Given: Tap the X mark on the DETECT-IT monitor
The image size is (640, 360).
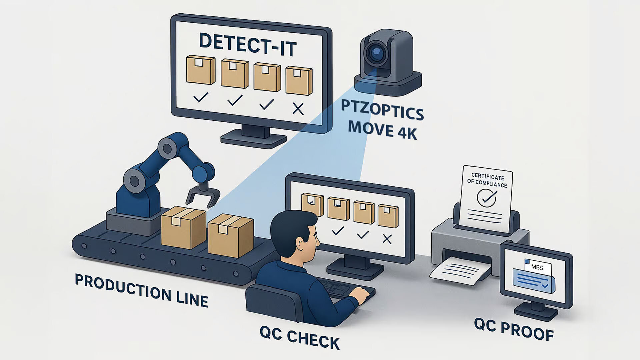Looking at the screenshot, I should [298, 109].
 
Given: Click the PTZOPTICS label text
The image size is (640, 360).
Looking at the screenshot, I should [382, 110].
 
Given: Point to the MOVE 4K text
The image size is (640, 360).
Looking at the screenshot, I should [382, 130].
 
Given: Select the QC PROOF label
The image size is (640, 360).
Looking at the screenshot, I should [514, 329].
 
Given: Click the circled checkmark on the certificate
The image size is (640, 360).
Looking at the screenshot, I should [486, 198].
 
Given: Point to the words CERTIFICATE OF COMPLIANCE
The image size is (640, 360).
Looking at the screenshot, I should [487, 180].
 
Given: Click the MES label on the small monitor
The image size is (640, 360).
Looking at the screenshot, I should [537, 267].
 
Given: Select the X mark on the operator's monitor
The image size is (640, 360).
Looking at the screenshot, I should [387, 239].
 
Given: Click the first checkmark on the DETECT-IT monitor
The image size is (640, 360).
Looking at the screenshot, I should [201, 97].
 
